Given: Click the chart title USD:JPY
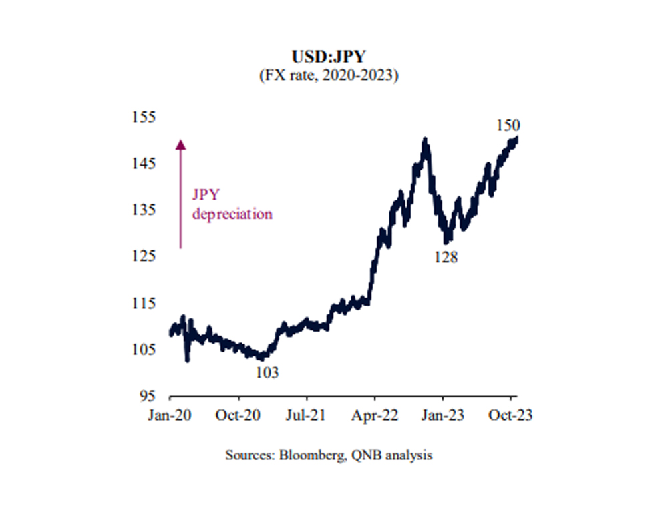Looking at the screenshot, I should coord(329,58).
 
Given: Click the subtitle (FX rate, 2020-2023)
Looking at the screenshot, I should coord(329,75).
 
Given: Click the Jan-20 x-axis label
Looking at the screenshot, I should coord(170,415).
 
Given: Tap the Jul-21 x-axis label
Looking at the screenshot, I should coord(305,415).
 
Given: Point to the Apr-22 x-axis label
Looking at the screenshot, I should coord(375,415).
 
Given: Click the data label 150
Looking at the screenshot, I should coord(509,125).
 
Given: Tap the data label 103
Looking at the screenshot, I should coord(267,372).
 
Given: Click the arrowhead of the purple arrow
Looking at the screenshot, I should coord(180,143).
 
